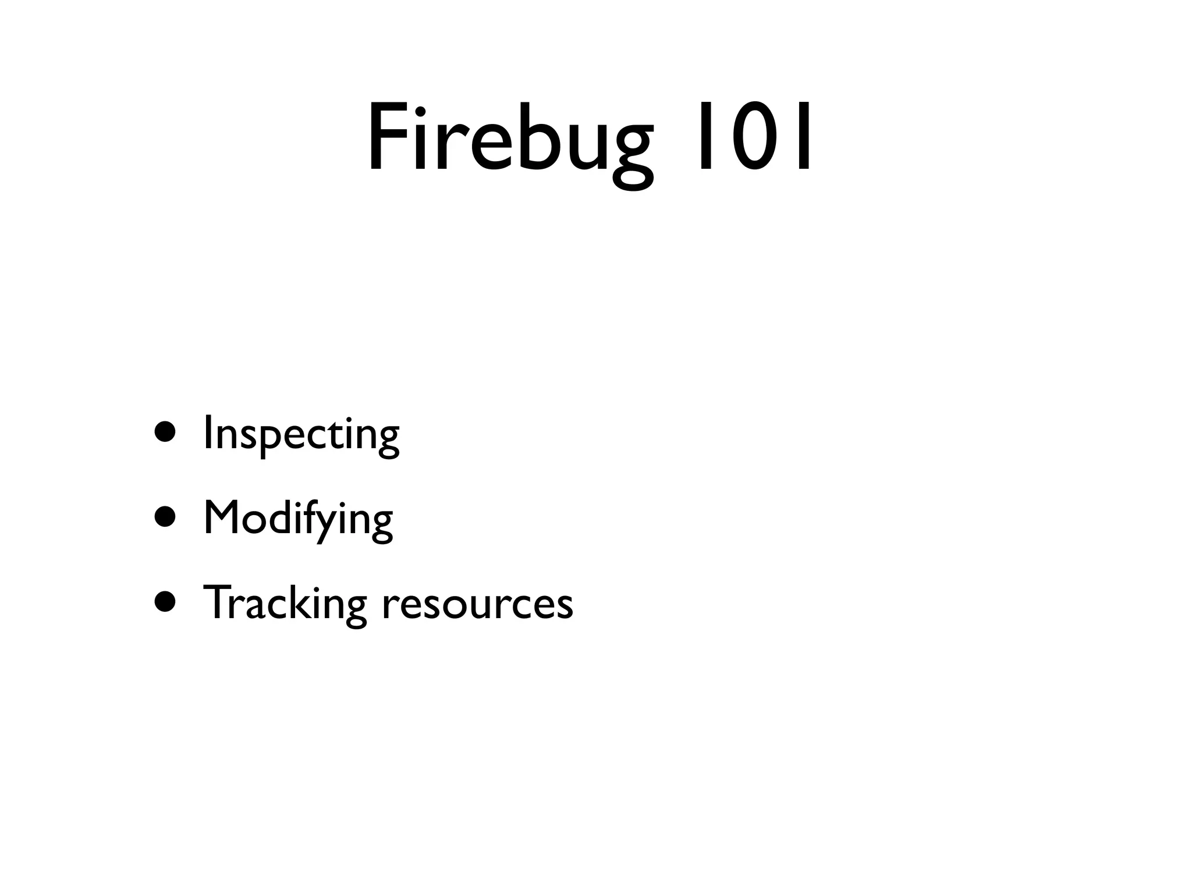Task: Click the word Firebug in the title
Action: pyautogui.click(x=510, y=140)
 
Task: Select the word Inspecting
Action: pyautogui.click(x=301, y=434)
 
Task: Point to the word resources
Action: pyautogui.click(x=477, y=605)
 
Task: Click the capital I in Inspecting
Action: pyautogui.click(x=207, y=433)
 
